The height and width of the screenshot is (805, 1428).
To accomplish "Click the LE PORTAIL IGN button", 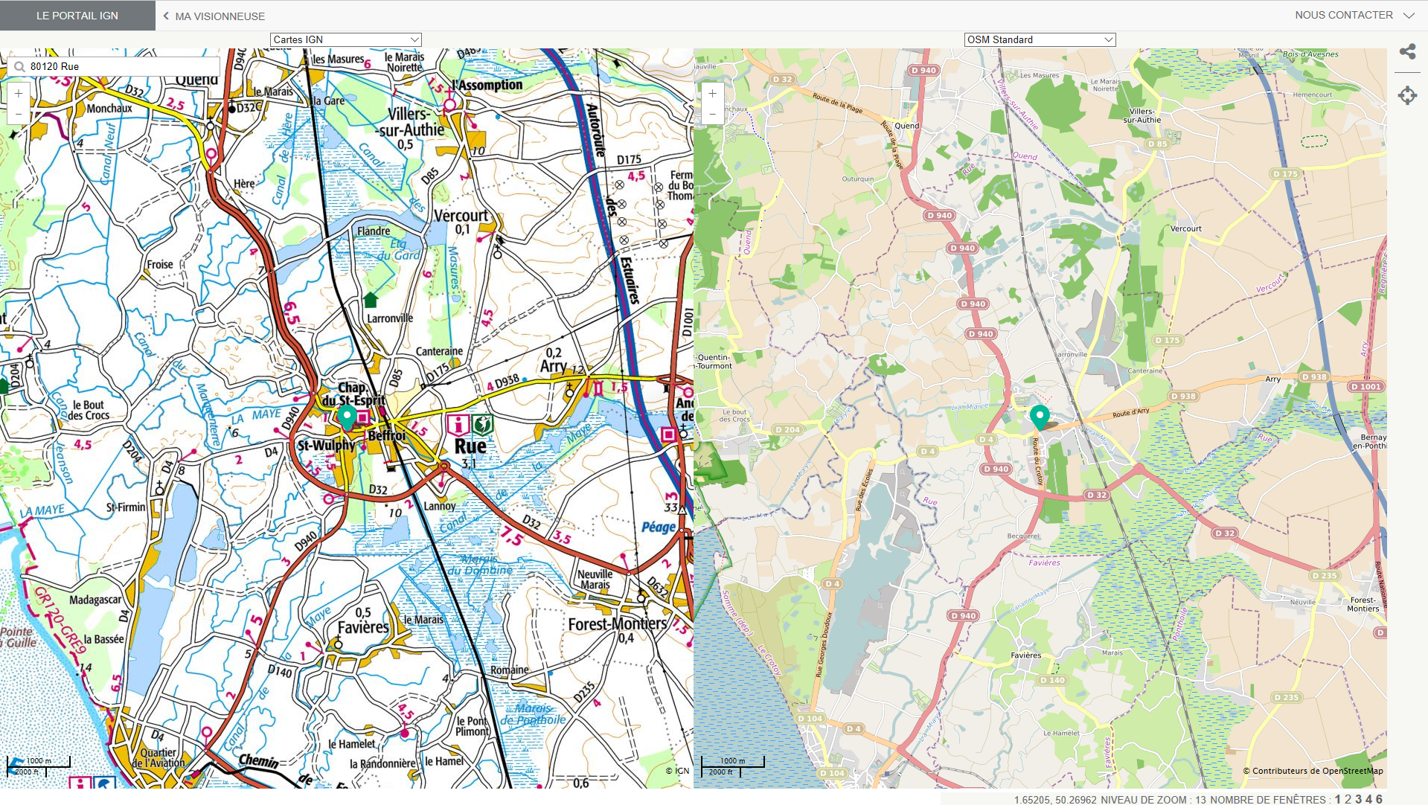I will pyautogui.click(x=77, y=16).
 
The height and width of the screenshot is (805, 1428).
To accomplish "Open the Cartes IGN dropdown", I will pyautogui.click(x=345, y=39).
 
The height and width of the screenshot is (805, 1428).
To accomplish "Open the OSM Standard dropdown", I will pyautogui.click(x=1040, y=39).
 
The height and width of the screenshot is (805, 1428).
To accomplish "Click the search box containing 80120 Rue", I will pyautogui.click(x=119, y=66).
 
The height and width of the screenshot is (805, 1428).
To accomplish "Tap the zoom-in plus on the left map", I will pyautogui.click(x=19, y=94).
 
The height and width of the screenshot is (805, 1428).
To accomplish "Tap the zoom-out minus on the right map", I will pyautogui.click(x=712, y=115).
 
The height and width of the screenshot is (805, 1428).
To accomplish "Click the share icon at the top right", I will pyautogui.click(x=1407, y=51).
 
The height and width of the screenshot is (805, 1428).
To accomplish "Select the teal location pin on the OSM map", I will pyautogui.click(x=1040, y=417).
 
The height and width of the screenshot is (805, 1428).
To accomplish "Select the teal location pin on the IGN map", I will pyautogui.click(x=347, y=417).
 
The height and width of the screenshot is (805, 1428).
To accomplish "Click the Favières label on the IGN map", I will pyautogui.click(x=363, y=627).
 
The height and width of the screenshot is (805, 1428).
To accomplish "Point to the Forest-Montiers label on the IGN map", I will pyautogui.click(x=618, y=624).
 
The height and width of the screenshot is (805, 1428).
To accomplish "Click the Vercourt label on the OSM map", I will pyautogui.click(x=1185, y=228).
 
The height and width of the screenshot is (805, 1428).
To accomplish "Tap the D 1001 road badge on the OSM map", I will pyautogui.click(x=1366, y=387).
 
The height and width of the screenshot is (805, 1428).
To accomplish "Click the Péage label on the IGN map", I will pyautogui.click(x=659, y=527).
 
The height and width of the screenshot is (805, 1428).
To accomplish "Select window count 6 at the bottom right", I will pyautogui.click(x=1379, y=799).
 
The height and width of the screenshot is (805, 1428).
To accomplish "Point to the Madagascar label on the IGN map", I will pyautogui.click(x=95, y=600).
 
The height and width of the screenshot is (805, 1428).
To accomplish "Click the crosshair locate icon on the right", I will pyautogui.click(x=1407, y=95).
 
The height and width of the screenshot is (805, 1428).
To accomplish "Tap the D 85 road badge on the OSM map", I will pyautogui.click(x=1157, y=144).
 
